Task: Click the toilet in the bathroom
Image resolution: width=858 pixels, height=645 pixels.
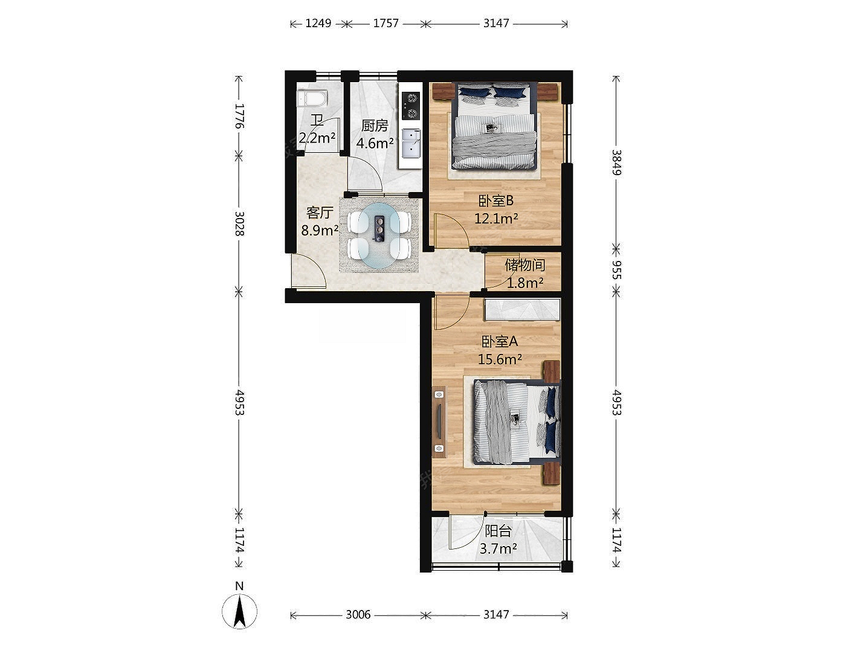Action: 312,98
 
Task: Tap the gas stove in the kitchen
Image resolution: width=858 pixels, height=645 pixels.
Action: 410,106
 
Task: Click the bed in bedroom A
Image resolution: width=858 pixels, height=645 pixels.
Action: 516,422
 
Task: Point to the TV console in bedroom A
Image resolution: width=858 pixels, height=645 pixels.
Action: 439,422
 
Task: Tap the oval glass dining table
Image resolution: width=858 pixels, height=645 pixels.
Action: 379,235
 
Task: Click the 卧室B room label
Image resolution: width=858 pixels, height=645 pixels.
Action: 496,201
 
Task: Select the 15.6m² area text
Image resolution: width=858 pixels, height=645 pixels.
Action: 500,359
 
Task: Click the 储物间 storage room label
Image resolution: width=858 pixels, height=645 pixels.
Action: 525,265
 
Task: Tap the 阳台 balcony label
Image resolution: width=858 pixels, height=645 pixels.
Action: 498,531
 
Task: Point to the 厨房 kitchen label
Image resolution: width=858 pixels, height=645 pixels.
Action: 375,126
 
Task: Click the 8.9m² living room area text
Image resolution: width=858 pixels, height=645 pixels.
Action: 320,231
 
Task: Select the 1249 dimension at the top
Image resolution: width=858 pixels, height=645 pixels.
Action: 318,24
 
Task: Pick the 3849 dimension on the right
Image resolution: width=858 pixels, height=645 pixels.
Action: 616,162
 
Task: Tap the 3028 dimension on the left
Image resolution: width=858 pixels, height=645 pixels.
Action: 239,223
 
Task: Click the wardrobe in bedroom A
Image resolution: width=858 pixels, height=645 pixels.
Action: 523,309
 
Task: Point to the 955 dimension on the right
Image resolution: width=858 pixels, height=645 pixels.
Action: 616,270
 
